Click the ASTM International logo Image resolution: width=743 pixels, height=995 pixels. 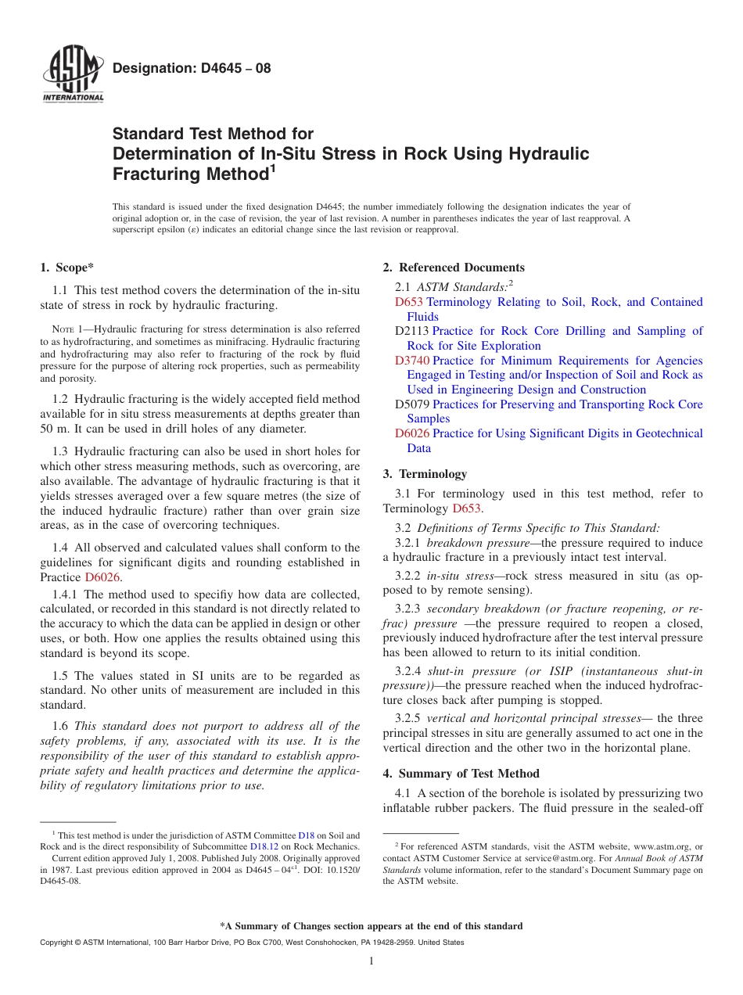coord(72,75)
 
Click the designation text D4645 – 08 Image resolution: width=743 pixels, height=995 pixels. coord(192,68)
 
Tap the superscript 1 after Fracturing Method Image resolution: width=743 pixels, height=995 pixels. coord(272,168)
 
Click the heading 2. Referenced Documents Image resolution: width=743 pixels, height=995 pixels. coord(454,268)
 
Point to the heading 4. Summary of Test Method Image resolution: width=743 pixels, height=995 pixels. coord(461,774)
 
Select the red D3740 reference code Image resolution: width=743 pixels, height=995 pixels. coord(412,361)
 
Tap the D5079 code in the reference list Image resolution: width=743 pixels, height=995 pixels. coord(412,404)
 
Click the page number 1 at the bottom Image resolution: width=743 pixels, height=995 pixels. coord(371,961)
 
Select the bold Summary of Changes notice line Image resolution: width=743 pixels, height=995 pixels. coord(371,926)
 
